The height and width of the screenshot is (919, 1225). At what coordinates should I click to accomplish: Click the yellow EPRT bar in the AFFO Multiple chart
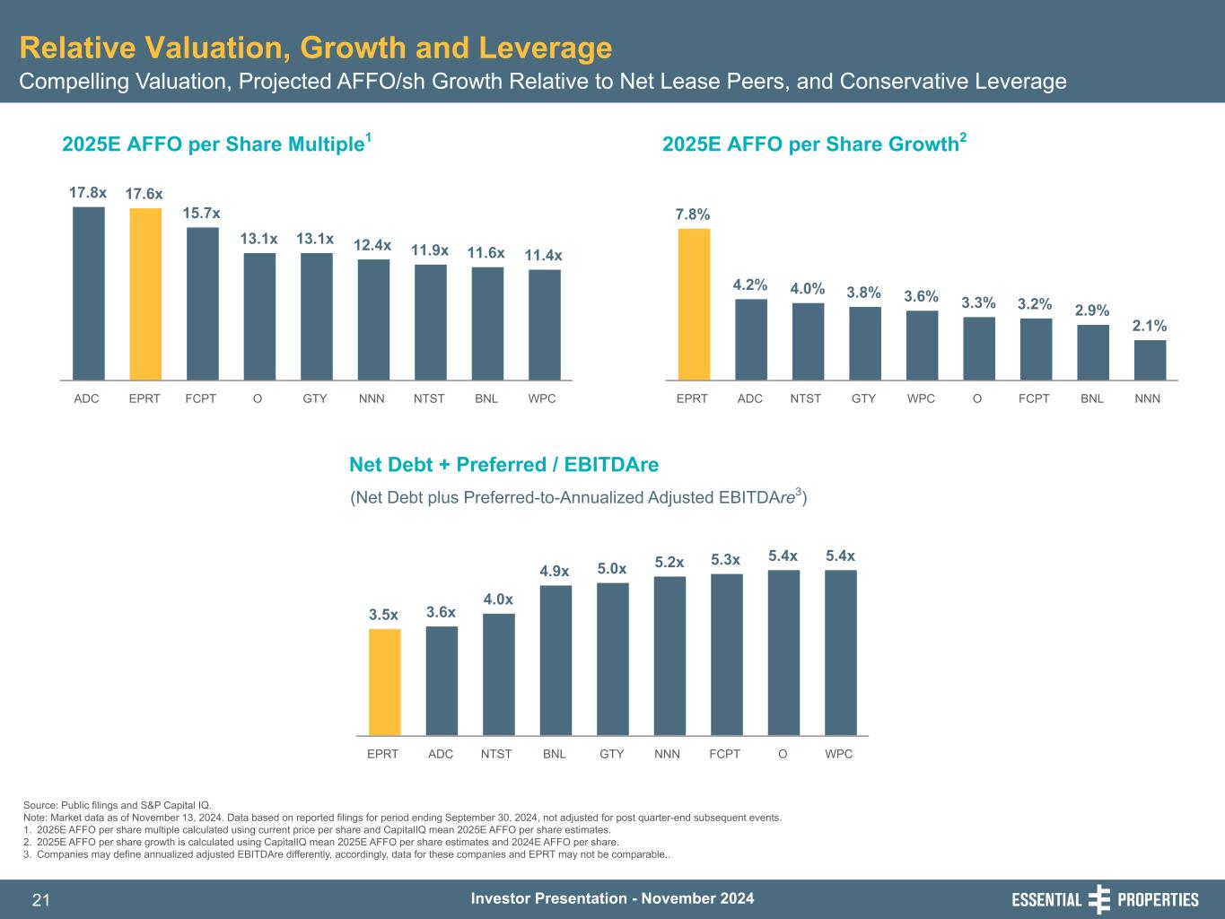click(145, 294)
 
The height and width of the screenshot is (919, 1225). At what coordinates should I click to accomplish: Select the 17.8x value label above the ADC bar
click(88, 192)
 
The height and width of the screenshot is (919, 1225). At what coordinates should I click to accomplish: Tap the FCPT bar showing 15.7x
click(203, 303)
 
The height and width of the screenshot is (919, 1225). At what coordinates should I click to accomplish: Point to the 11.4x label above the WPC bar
click(544, 256)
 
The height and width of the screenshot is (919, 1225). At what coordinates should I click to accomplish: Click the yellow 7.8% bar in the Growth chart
click(694, 304)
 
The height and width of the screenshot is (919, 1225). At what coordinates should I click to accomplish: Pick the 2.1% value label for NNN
click(1150, 327)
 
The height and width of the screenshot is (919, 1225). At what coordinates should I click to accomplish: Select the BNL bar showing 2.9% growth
click(1093, 352)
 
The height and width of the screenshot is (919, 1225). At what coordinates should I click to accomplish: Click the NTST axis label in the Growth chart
click(806, 398)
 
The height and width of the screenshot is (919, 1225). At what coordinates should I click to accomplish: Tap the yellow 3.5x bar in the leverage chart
click(385, 682)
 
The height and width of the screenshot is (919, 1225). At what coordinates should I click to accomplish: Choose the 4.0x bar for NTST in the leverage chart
click(499, 674)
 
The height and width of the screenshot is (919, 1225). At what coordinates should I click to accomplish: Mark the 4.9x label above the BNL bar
click(555, 571)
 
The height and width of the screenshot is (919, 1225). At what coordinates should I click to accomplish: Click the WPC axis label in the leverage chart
click(839, 754)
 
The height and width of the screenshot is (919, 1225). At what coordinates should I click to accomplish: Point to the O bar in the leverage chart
click(783, 652)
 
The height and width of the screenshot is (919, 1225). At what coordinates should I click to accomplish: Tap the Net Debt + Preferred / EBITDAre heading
click(503, 464)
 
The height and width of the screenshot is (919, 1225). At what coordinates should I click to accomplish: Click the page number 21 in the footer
click(41, 900)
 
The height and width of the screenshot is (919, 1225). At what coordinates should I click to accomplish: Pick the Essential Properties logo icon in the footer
click(1099, 899)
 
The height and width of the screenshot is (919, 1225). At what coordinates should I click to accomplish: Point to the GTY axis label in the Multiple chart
click(315, 398)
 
